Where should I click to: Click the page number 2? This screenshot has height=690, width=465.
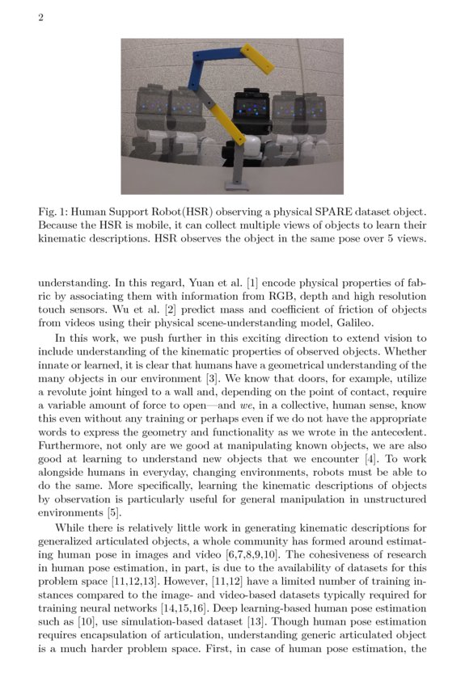tap(40, 19)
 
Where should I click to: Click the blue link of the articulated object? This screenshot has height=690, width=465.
tap(195, 72)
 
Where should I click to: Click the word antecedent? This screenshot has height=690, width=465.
tap(394, 435)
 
